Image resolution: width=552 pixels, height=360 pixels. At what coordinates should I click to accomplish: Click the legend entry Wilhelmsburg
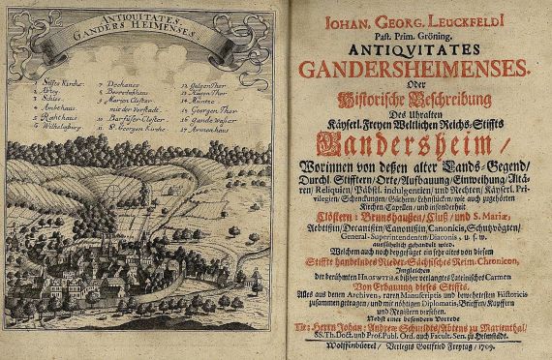pyautogui.click(x=55, y=125)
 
